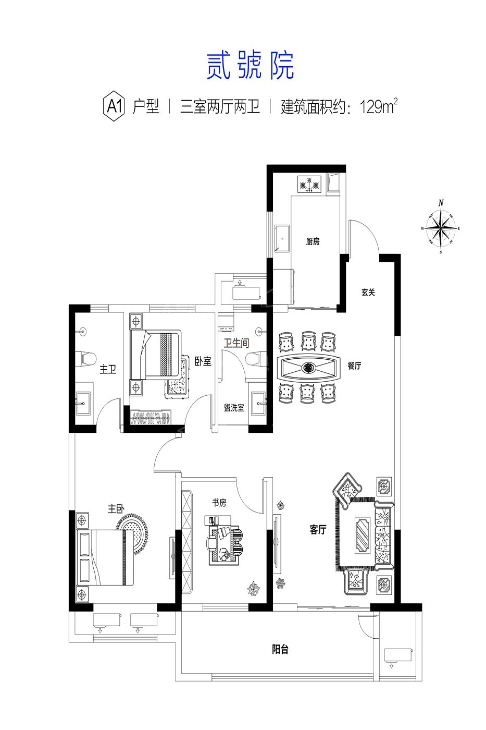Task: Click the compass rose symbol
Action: (x=441, y=227)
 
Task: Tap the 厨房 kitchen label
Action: (x=313, y=241)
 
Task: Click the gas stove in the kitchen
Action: (x=309, y=184)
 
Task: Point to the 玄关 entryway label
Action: (x=368, y=292)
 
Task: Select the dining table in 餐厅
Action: (x=308, y=367)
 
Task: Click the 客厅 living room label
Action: (x=318, y=529)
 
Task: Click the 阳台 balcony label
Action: (x=280, y=650)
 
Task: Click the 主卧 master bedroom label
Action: (x=116, y=509)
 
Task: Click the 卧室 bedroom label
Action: (x=203, y=361)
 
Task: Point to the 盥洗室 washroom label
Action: (x=234, y=408)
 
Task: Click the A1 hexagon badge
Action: (x=114, y=106)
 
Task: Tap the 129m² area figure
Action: (x=379, y=106)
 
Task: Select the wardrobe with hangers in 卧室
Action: (x=151, y=418)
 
